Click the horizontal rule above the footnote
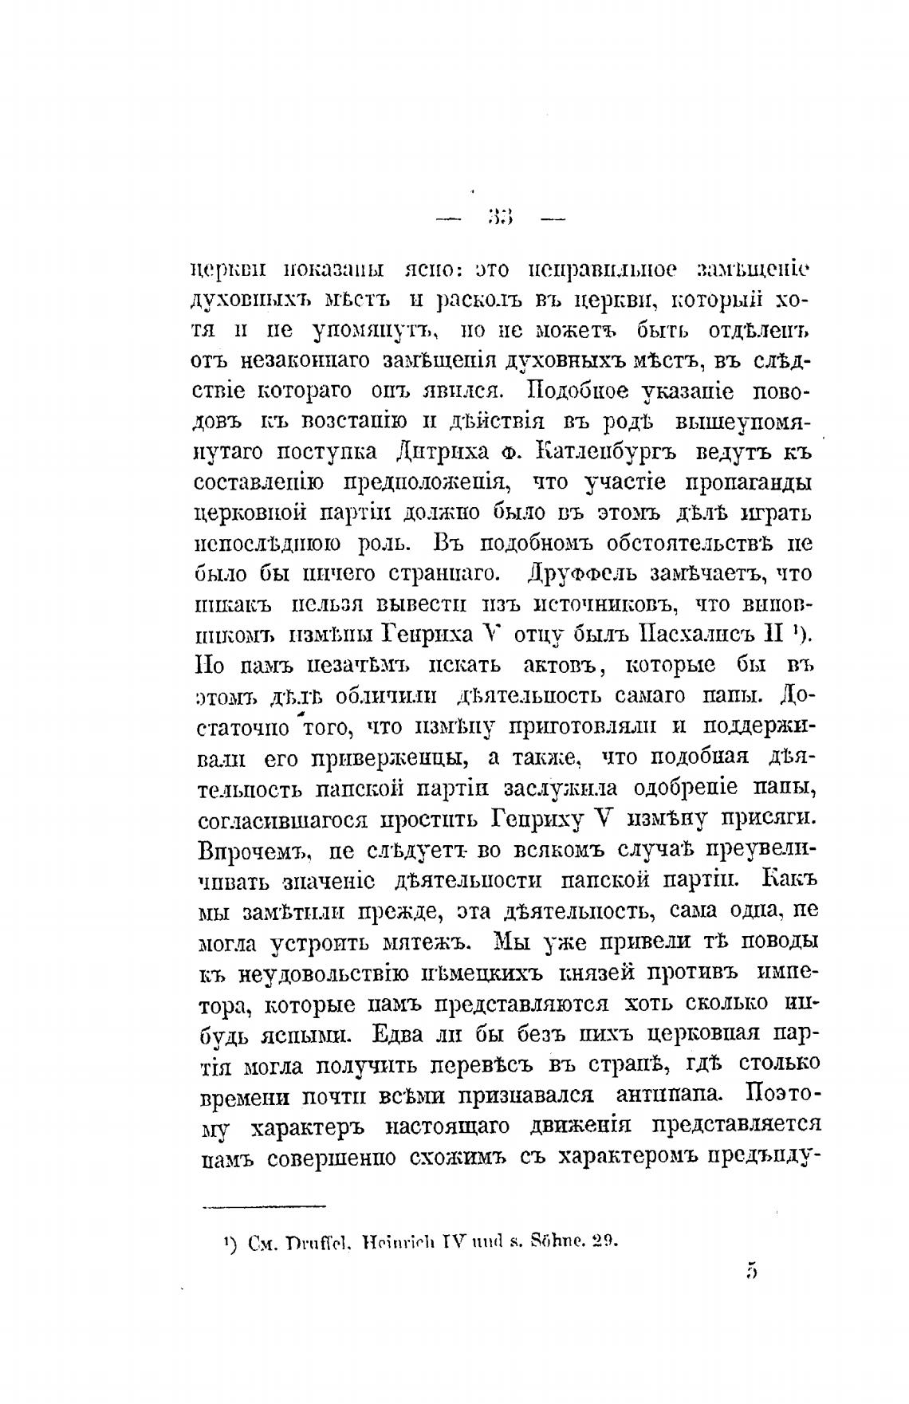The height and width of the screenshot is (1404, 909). [x=264, y=1205]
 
